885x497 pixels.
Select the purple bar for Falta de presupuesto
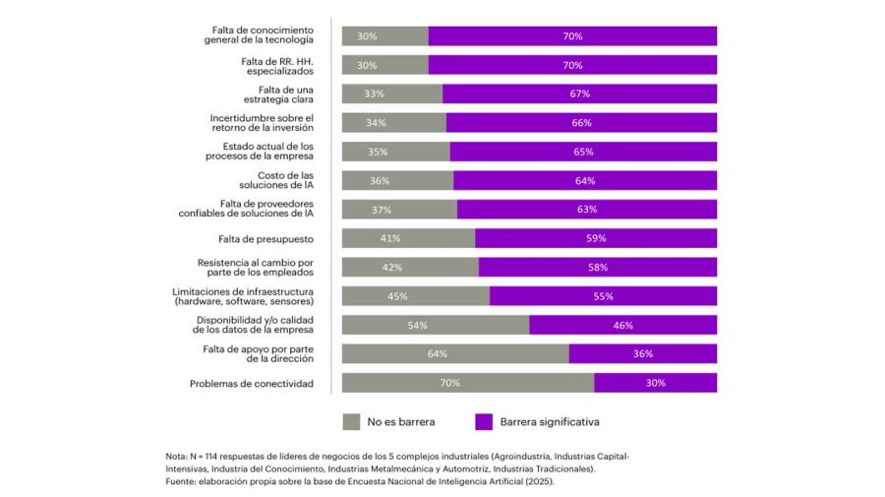(x=596, y=238)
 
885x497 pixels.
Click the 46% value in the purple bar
(x=622, y=325)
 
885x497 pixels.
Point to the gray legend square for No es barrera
(x=351, y=421)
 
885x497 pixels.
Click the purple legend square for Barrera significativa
(x=484, y=421)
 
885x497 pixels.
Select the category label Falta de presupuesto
(x=265, y=238)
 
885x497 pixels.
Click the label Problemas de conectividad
(x=252, y=383)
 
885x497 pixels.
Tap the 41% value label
(x=390, y=238)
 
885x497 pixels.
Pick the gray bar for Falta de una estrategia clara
(x=391, y=93)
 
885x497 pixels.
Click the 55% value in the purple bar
(x=603, y=296)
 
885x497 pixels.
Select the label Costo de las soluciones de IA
(x=278, y=180)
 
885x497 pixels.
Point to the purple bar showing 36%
(x=642, y=353)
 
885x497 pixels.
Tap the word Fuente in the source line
(x=182, y=482)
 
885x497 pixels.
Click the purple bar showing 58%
(x=598, y=267)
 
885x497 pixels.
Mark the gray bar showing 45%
(x=415, y=296)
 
